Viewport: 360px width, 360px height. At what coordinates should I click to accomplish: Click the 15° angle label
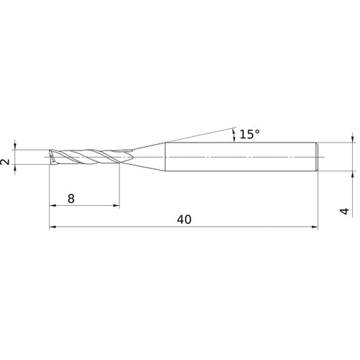[x=249, y=134]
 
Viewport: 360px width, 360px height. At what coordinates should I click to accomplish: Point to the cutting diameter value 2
[x=6, y=163]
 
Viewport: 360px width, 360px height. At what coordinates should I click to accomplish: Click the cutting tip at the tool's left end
[x=51, y=156]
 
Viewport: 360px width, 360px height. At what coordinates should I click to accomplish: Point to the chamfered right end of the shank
[x=317, y=156]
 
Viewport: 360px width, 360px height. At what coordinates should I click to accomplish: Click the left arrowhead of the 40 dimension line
[x=53, y=228]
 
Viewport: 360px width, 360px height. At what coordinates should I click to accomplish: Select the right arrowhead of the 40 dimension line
[x=314, y=228]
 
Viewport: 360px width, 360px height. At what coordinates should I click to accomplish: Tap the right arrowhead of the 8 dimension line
[x=116, y=207]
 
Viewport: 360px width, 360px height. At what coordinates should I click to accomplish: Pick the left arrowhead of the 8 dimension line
[x=53, y=207]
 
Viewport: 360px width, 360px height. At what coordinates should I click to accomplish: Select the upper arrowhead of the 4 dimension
[x=353, y=138]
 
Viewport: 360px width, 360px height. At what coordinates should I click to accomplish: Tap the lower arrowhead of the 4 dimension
[x=353, y=174]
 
